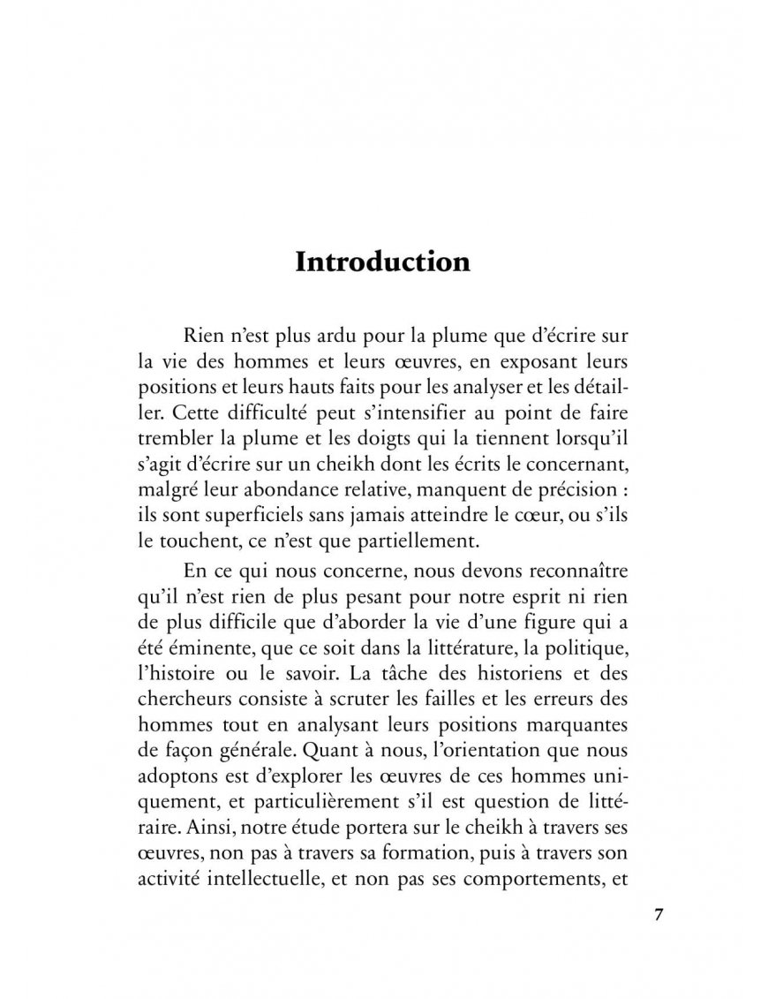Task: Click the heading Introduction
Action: (x=382, y=262)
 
